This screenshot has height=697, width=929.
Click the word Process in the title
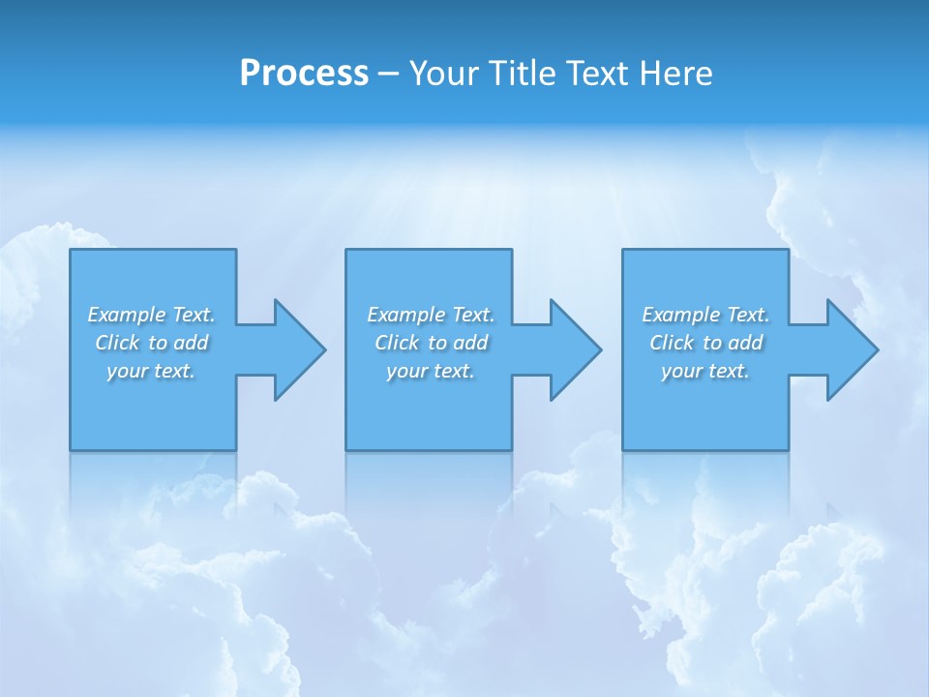click(x=304, y=74)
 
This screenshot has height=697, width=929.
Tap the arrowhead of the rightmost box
click(x=851, y=349)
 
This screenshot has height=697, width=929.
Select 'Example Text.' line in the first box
click(x=151, y=315)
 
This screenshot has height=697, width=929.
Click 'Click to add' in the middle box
click(x=431, y=343)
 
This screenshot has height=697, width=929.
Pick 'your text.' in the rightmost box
click(x=705, y=371)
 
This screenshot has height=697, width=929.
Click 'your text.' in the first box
click(x=151, y=371)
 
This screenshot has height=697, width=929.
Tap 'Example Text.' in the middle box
click(x=431, y=315)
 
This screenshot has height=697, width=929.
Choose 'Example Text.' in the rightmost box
click(x=705, y=315)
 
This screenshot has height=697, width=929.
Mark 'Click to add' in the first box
click(x=151, y=343)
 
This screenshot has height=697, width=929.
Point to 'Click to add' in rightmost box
click(x=705, y=343)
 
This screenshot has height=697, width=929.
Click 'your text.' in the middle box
click(x=431, y=371)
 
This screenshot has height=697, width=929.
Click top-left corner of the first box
click(x=71, y=251)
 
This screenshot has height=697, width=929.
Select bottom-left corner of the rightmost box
click(x=623, y=449)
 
